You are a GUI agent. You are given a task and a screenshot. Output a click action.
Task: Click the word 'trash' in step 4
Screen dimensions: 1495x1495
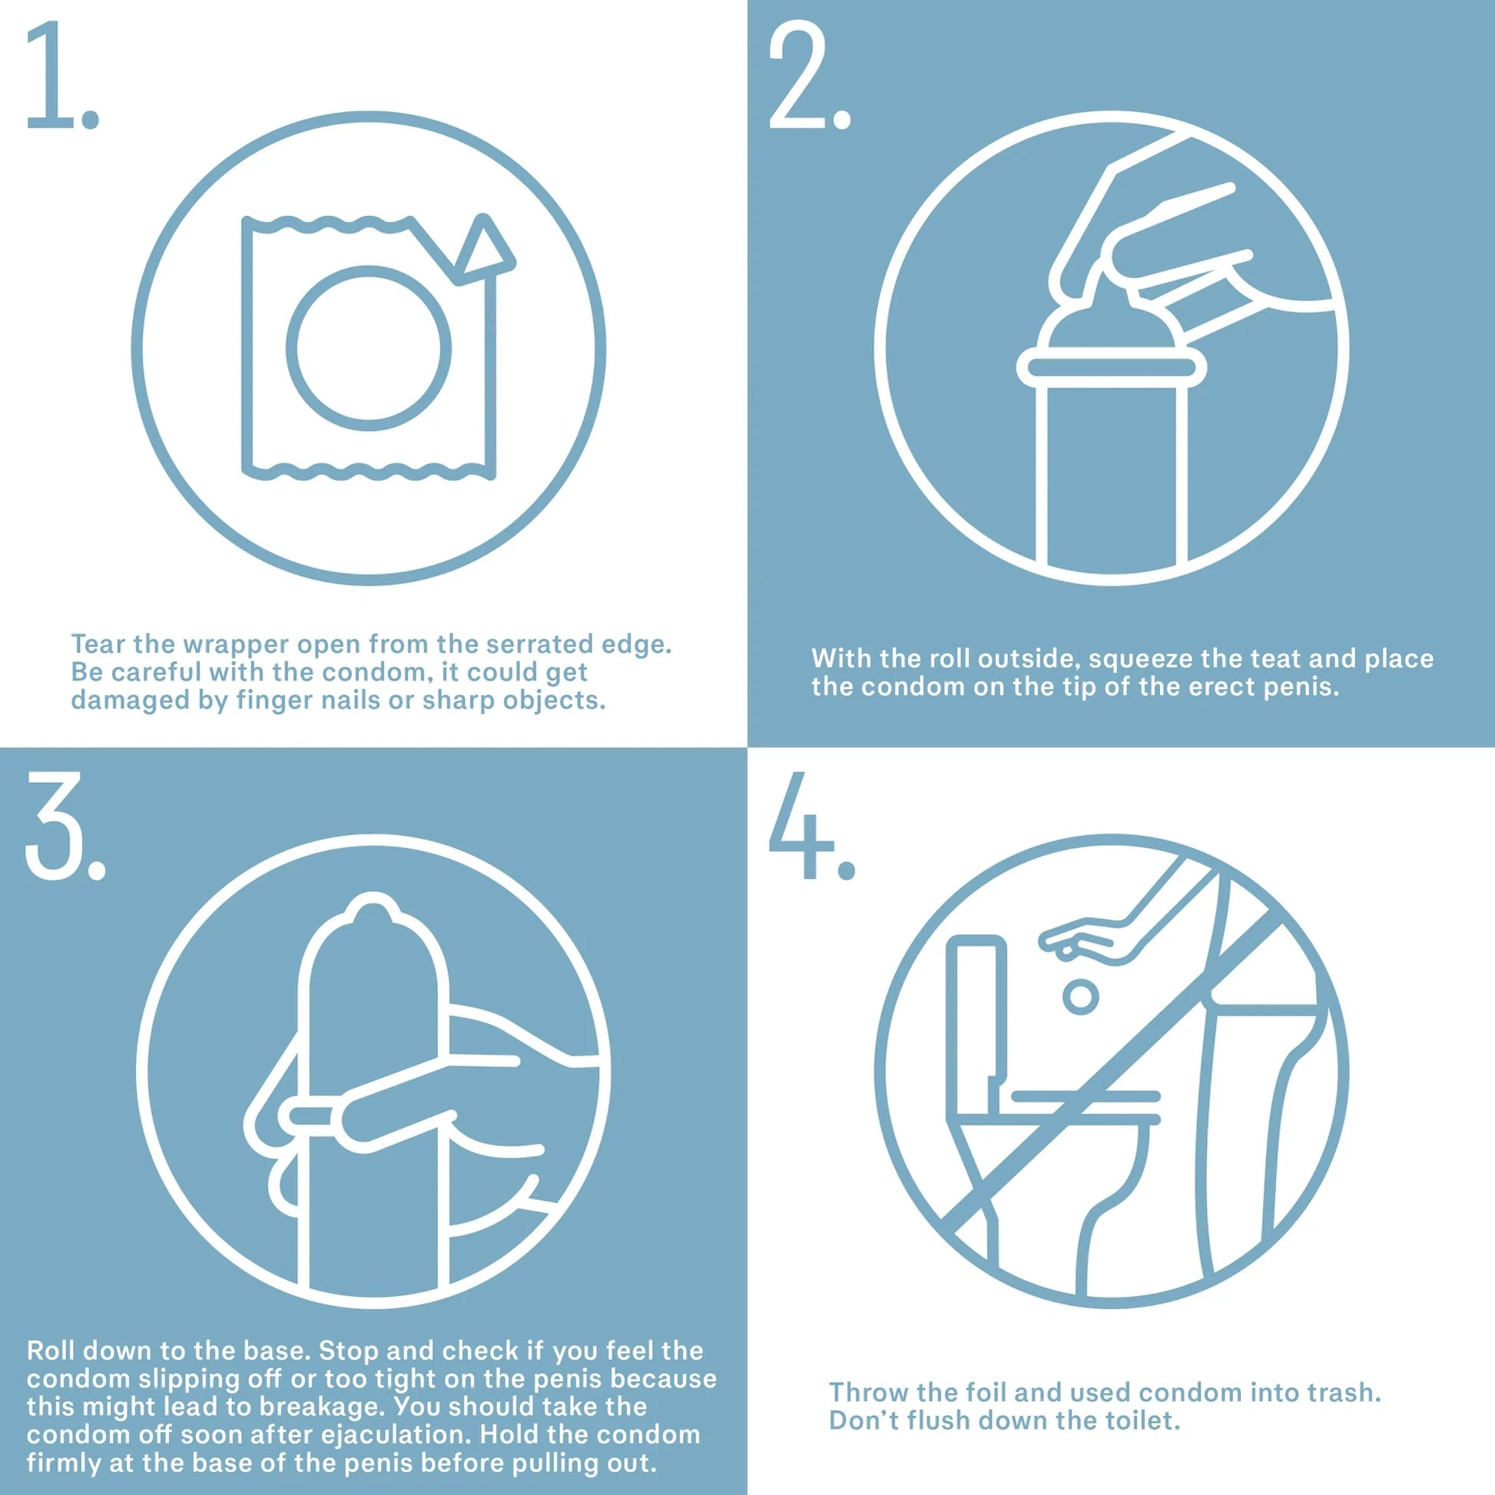click(x=1345, y=1392)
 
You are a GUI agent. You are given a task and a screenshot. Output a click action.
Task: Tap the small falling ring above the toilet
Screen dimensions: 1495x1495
click(x=1080, y=997)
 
